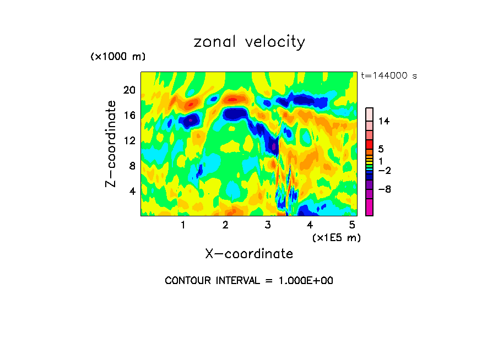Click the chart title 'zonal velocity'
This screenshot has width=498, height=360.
249,42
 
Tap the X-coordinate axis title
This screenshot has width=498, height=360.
249,253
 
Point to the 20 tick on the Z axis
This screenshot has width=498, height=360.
129,90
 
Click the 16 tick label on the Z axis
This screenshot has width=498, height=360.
129,116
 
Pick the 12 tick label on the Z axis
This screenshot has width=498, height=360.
129,141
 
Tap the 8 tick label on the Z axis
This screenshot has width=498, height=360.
132,166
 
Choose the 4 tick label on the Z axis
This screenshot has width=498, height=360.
132,191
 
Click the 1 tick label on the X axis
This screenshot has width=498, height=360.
183,225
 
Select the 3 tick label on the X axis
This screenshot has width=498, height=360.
268,225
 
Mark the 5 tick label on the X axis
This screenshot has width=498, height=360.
353,225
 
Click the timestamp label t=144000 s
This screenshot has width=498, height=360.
389,75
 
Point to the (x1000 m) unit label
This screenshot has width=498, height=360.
118,57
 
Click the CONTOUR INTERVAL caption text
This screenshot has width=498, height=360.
249,281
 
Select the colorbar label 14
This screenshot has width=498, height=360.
384,121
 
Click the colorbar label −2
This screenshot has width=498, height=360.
384,171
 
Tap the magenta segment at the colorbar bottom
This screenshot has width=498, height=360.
369,208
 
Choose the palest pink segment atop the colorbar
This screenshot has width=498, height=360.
369,113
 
